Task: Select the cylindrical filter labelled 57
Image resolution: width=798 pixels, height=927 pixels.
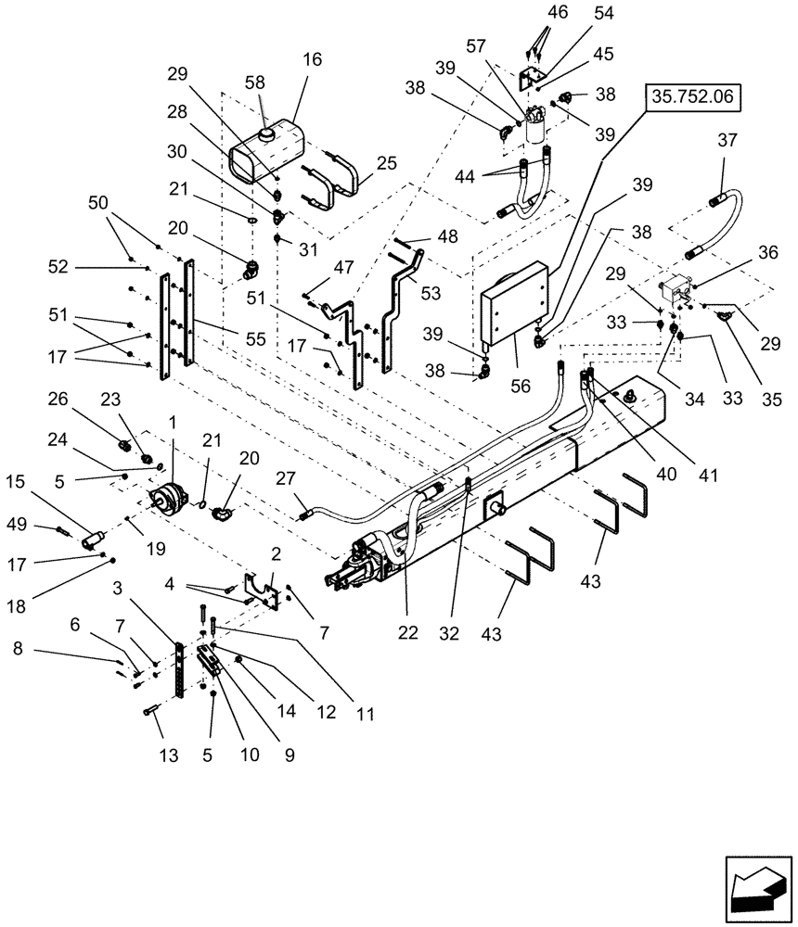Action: click(536, 125)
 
